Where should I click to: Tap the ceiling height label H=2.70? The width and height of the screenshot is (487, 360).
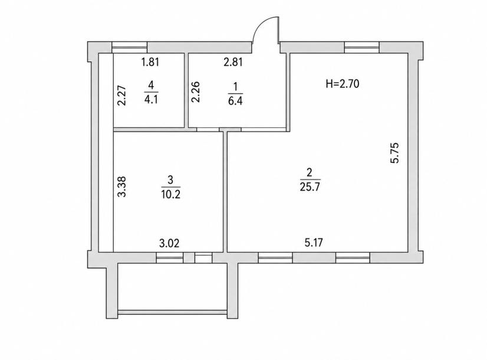[x=343, y=84]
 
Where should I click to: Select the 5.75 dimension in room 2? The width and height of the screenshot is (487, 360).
[x=395, y=153]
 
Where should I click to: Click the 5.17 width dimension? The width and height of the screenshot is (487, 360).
[x=314, y=243]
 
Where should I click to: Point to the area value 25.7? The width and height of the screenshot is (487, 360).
[x=310, y=188]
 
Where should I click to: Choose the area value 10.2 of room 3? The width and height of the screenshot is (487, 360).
[x=171, y=194]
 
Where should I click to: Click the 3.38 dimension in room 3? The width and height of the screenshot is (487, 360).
[x=121, y=186]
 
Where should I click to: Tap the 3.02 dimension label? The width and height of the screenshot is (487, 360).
[x=169, y=243]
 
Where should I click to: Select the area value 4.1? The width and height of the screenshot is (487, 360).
[x=152, y=100]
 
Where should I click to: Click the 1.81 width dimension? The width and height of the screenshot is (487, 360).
[x=150, y=62]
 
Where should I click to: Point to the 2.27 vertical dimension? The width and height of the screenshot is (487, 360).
[x=122, y=96]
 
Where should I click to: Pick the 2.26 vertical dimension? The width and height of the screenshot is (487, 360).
[x=195, y=91]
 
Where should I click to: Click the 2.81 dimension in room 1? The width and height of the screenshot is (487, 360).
[x=233, y=62]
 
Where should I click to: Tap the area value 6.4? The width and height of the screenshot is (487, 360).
[x=235, y=102]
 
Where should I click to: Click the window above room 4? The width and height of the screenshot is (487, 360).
[x=129, y=47]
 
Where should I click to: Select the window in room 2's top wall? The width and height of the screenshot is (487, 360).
[x=362, y=47]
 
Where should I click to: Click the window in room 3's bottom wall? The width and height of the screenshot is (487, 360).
[x=170, y=258]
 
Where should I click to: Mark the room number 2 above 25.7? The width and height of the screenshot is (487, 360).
[x=310, y=172]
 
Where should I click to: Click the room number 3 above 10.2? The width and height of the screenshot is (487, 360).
[x=170, y=179]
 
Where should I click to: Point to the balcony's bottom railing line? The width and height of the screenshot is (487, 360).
[x=173, y=312]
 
